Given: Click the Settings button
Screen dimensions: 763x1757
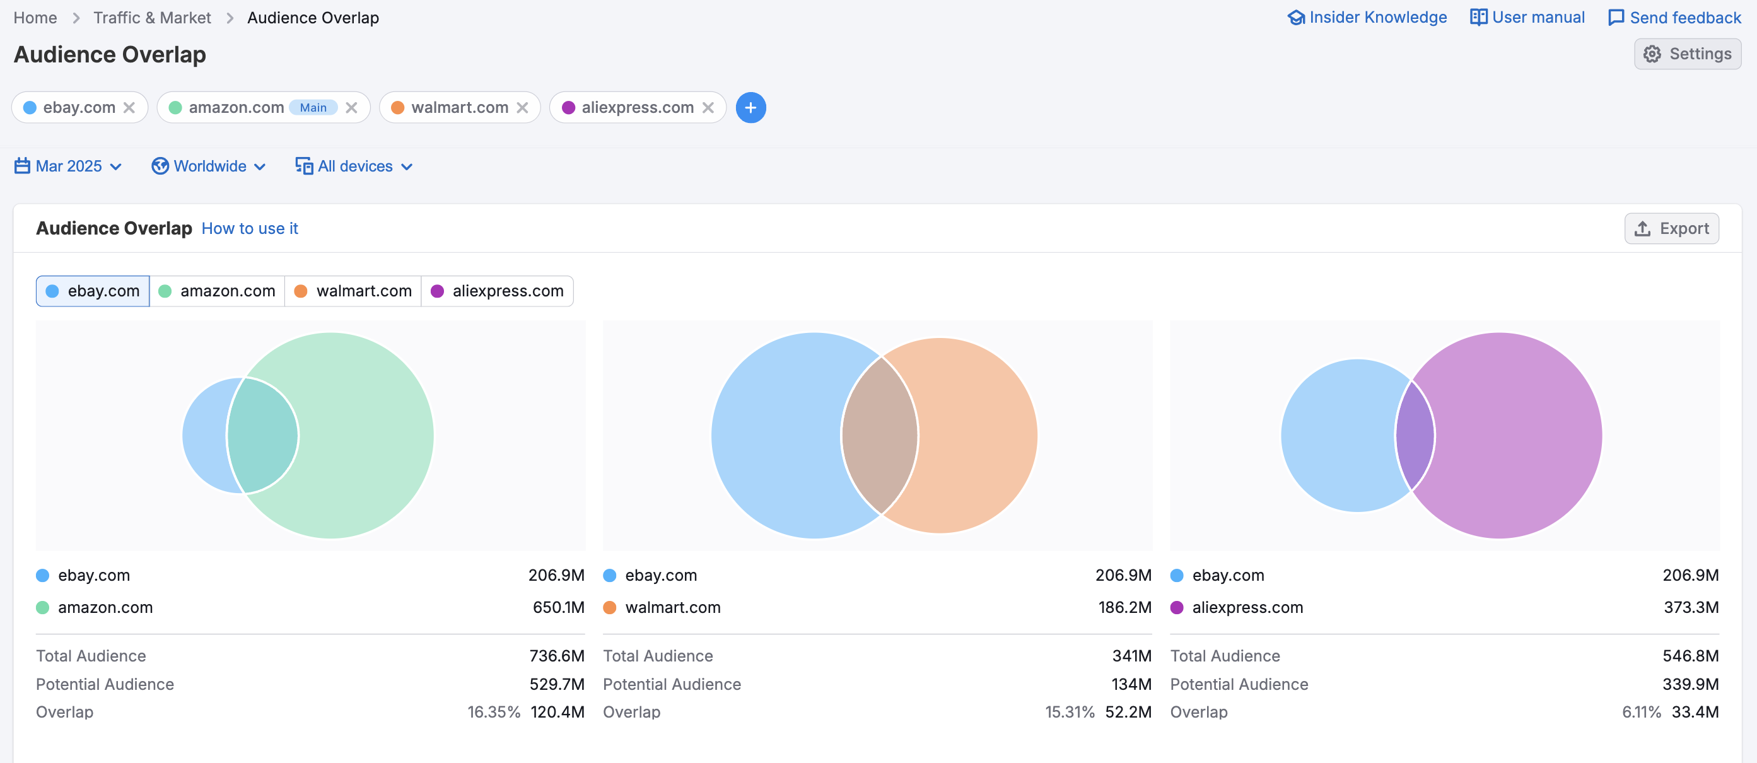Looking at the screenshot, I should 1687,54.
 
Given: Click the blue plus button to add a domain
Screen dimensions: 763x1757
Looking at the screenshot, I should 750,108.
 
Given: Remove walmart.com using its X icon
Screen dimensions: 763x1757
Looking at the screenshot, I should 522,108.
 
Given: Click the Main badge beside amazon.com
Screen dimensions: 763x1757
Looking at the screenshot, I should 313,108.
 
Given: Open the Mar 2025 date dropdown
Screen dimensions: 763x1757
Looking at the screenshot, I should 68,166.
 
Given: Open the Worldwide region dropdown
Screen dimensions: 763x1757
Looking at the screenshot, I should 209,166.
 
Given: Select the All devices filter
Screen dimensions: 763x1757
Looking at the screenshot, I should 354,166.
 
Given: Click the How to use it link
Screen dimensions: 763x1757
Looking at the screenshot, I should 250,228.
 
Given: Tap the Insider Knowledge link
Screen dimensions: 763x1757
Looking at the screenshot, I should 1367,18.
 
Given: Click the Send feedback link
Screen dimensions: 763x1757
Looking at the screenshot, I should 1674,18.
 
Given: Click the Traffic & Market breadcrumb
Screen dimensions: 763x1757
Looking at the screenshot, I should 151,18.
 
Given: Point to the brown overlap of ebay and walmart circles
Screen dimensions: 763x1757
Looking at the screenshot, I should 880,436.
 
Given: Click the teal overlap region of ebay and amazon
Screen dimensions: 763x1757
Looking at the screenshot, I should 262,436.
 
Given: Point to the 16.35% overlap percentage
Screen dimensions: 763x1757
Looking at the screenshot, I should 493,712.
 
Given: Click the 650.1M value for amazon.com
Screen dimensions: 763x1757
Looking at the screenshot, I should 558,607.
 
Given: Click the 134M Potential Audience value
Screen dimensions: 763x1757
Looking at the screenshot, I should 1131,684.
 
